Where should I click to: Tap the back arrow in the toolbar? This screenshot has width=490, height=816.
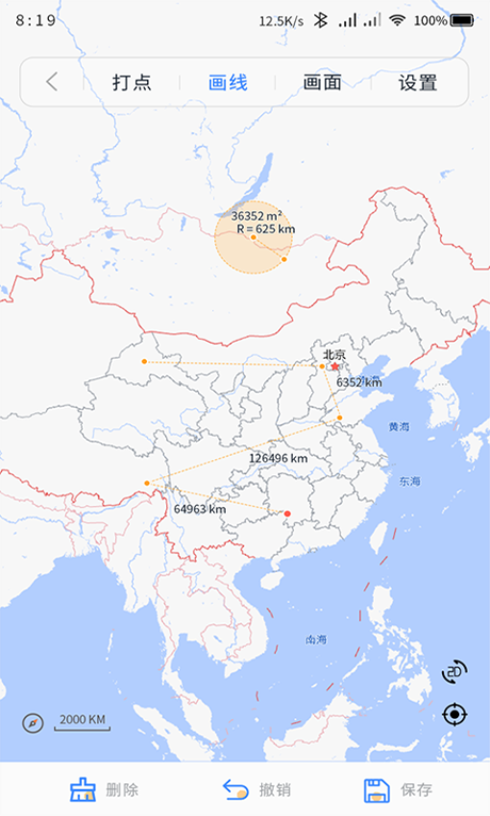[x=52, y=83]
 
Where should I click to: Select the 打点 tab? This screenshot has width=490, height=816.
[x=132, y=83]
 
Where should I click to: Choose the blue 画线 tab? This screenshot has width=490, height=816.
[x=228, y=83]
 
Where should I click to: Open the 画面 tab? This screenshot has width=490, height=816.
[x=322, y=83]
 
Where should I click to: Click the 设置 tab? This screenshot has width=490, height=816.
[x=418, y=83]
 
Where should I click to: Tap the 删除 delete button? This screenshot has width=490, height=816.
[x=105, y=790]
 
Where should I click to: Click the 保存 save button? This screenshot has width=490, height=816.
[x=399, y=790]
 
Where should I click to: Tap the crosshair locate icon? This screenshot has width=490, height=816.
[x=454, y=714]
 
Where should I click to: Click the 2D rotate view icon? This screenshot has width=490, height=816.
[x=454, y=671]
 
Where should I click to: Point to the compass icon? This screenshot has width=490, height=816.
[x=34, y=722]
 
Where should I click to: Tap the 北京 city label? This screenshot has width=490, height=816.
[x=333, y=354]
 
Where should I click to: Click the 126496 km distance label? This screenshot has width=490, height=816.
[x=279, y=459]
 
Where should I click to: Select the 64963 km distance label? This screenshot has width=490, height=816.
[x=200, y=509]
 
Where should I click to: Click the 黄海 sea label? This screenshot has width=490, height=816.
[x=399, y=426]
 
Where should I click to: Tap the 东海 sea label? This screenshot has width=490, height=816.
[x=409, y=481]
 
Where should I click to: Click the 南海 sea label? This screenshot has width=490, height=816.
[x=316, y=639]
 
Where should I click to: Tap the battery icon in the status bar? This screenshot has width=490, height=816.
[x=462, y=20]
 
